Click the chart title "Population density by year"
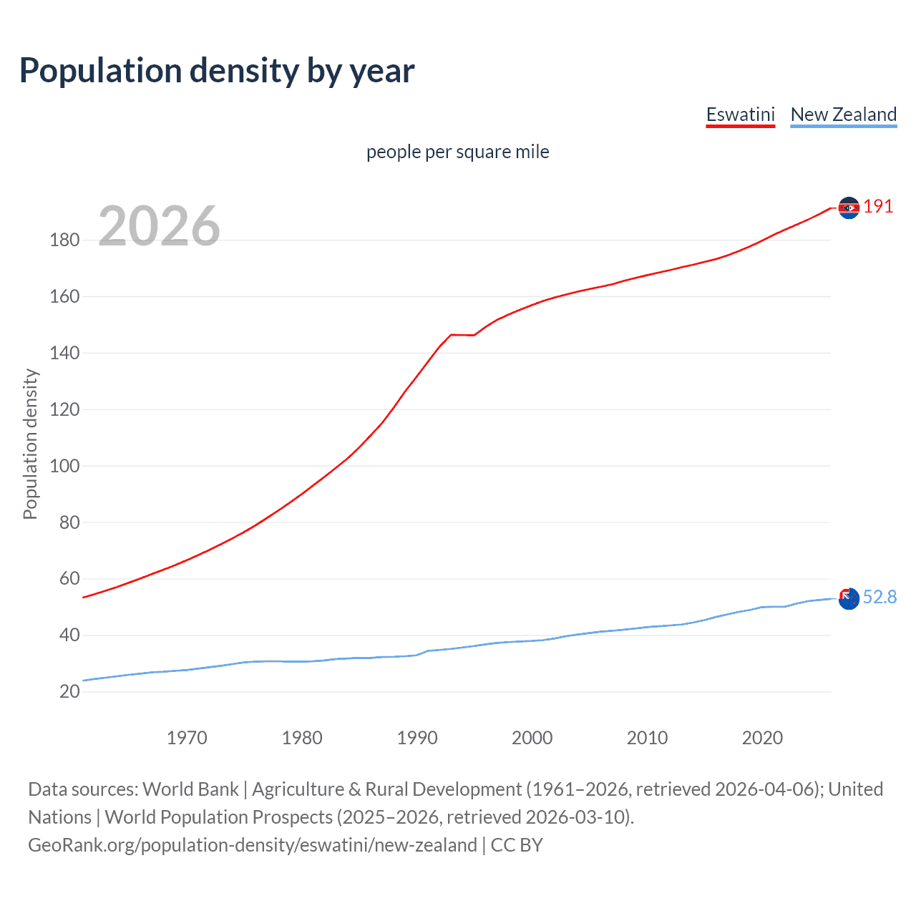pos(217,71)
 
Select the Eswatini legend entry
pos(740,114)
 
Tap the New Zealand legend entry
pos(843,114)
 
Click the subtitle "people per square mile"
pos(457,152)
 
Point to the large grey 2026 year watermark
pos(159,226)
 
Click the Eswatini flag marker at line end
pos(849,208)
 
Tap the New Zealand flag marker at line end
pos(849,598)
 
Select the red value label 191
pos(878,207)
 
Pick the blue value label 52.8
pos(880,597)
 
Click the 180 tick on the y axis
pos(64,240)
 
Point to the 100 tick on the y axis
pos(64,466)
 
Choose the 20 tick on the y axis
pos(69,691)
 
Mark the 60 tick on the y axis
pos(69,578)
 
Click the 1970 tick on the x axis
pos(187,738)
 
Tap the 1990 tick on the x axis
pos(417,738)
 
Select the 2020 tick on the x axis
pos(762,738)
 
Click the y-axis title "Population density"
pos(30,444)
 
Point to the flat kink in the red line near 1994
pos(462,334)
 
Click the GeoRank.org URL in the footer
pos(252,845)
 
